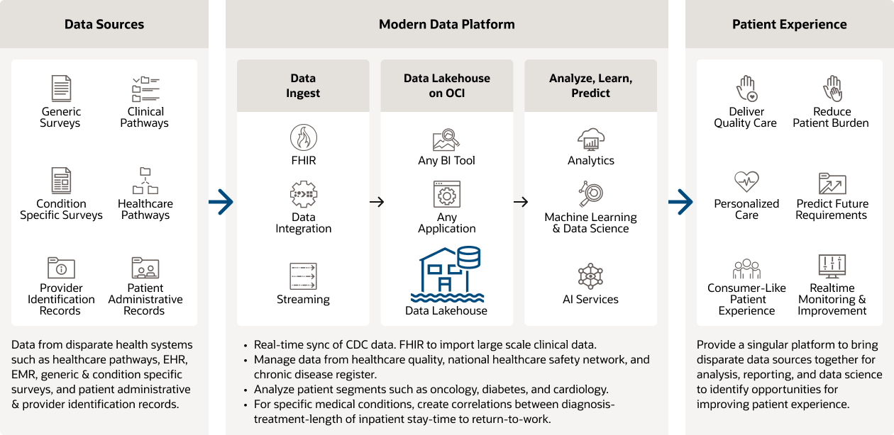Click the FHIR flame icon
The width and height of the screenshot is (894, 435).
[x=304, y=137]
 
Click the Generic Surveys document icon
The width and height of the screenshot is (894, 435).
[x=62, y=89]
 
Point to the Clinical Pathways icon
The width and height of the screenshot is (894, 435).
[x=145, y=89]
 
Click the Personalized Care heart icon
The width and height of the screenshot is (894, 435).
[x=746, y=181]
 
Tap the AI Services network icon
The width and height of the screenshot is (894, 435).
[x=590, y=276]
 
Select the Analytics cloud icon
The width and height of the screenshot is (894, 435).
[x=590, y=138]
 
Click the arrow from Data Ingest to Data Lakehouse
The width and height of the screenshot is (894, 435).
[x=377, y=202]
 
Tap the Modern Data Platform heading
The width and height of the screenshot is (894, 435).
[x=447, y=24]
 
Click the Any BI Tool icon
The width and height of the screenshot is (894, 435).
[x=447, y=138]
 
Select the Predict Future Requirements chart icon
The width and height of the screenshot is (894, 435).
[x=832, y=183]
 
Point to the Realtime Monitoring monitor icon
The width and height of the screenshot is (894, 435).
[x=832, y=266]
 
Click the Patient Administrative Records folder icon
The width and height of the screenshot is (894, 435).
[x=145, y=269]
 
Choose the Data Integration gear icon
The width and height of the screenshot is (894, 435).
[x=304, y=194]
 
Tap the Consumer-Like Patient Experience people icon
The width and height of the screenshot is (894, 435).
[x=746, y=269]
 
